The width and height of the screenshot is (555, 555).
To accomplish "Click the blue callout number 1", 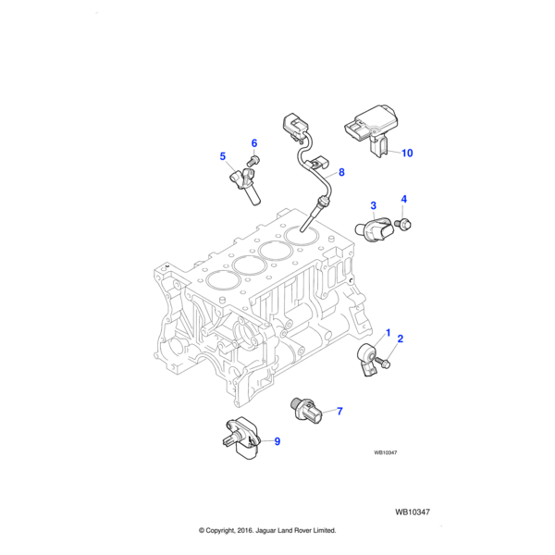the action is click(x=388, y=333).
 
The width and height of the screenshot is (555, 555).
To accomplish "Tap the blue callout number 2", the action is click(x=401, y=339).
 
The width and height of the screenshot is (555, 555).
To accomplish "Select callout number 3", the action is click(x=373, y=205).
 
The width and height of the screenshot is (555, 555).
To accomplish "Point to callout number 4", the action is click(x=404, y=199).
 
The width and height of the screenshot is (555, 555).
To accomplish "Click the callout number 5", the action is click(x=223, y=156).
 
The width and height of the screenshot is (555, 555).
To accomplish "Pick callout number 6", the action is click(x=254, y=143).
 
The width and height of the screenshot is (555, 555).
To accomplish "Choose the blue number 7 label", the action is click(x=339, y=412).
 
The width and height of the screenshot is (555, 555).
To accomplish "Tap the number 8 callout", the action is click(x=341, y=172).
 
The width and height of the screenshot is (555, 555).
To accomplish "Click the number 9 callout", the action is click(x=277, y=441).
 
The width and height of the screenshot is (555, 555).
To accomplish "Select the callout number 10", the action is click(x=407, y=153).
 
